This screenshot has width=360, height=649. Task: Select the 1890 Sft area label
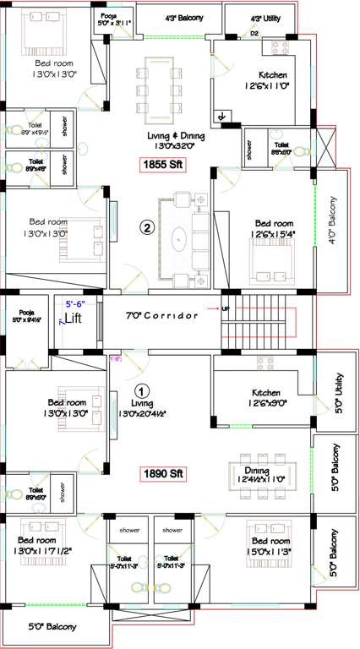point(162,473)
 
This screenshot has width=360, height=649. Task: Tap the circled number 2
point(147,227)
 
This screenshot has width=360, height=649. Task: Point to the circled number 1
point(142,391)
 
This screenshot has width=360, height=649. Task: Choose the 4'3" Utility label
point(267,17)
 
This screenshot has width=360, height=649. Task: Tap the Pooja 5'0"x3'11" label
point(109,20)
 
